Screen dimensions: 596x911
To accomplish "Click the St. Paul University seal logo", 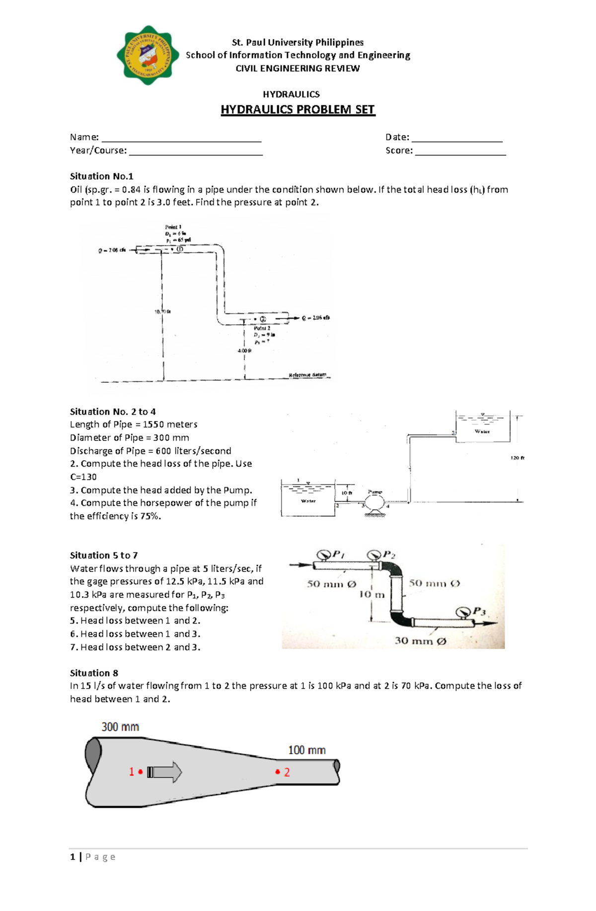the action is (x=148, y=55).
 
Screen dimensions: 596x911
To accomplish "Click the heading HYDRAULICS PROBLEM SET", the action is (x=298, y=110).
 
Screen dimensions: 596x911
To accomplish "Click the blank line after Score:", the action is (x=460, y=154).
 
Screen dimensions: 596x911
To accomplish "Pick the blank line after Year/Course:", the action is (x=196, y=154).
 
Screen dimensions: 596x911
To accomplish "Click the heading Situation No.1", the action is (x=102, y=176).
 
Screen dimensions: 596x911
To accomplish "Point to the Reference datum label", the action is (x=307, y=375).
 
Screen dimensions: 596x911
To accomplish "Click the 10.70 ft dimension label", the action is (x=162, y=312).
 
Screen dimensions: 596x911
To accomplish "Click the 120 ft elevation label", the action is (x=517, y=458).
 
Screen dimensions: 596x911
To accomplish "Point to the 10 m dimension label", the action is (x=372, y=594).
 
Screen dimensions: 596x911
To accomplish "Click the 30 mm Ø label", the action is (x=420, y=641).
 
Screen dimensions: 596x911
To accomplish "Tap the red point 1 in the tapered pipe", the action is (x=141, y=771).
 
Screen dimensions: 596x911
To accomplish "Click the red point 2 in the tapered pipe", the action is (x=278, y=771).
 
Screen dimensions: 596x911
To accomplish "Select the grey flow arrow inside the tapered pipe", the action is (x=165, y=772).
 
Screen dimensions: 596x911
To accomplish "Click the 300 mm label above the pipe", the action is (x=120, y=727).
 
